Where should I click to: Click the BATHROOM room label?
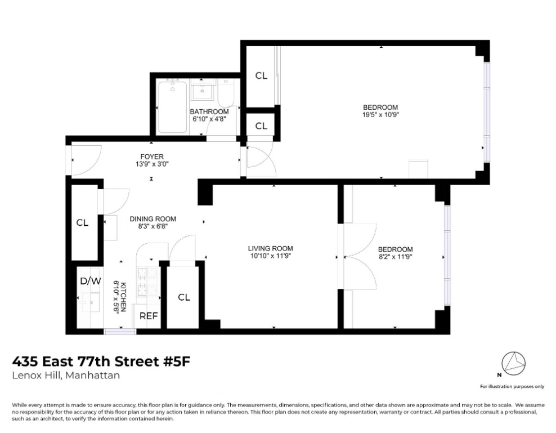coord(209,111)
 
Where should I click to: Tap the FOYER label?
coord(152,157)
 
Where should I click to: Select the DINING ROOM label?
coord(153,219)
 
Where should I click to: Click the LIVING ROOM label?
coord(271,248)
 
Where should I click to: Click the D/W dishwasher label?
coord(90,280)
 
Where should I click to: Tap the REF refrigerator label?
coord(149,316)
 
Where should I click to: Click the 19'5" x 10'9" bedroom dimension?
coord(380,115)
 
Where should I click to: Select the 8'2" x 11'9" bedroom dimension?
coord(395,257)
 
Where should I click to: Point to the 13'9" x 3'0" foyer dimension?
coord(152,164)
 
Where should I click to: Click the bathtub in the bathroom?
coord(172,107)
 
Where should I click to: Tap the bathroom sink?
coord(202,90)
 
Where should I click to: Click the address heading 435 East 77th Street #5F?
coord(102,361)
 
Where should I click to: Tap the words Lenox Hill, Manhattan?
coord(66,376)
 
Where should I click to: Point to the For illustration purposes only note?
coord(512,386)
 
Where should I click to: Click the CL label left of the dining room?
coord(83,223)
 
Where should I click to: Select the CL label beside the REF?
coord(184,297)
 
